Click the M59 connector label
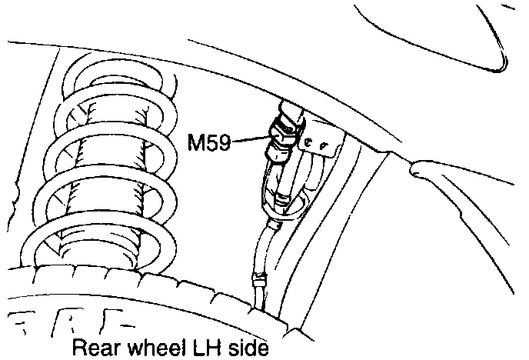tap(209, 142)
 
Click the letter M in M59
tap(196, 142)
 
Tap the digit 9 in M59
tap(224, 142)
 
